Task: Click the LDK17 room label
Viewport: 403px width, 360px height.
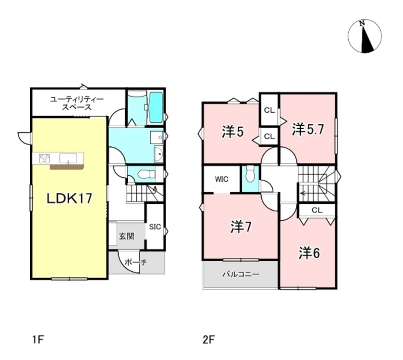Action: coord(69,199)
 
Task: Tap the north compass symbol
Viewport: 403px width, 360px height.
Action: coord(365,36)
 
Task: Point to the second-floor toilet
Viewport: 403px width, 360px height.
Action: coord(250,174)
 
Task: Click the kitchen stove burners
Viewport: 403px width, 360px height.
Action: coord(45,158)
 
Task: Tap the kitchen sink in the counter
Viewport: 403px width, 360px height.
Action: coord(68,158)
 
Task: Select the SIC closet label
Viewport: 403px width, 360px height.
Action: coord(155,227)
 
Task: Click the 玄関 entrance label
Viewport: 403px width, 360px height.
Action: coord(126,236)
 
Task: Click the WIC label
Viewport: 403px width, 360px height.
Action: coord(221,179)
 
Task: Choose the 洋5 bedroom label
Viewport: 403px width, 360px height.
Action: coord(232,132)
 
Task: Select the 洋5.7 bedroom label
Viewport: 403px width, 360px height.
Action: coord(307,130)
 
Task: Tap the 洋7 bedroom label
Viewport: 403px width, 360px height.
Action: coord(241,227)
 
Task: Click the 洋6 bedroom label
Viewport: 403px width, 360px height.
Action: coord(309,253)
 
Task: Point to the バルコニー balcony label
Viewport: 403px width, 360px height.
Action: coord(241,275)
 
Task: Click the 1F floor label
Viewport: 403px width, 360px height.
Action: coord(38,340)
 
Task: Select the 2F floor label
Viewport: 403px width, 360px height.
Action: coord(208,340)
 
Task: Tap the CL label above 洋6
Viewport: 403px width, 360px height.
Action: coord(317,210)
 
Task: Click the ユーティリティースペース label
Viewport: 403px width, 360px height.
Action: coord(77,103)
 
